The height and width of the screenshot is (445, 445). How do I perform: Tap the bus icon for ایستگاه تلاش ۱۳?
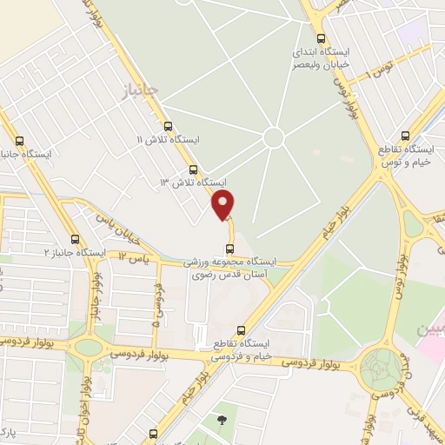(193, 170)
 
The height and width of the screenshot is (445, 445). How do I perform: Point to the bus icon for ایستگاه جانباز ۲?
(75, 239)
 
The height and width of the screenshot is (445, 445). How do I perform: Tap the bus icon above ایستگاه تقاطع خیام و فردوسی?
(242, 329)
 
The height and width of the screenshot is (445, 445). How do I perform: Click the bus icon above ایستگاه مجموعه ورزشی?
(229, 249)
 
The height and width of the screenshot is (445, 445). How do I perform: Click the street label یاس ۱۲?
(135, 258)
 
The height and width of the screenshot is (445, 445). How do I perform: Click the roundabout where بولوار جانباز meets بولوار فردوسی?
(90, 348)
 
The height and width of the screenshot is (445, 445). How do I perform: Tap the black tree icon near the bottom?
(222, 421)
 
